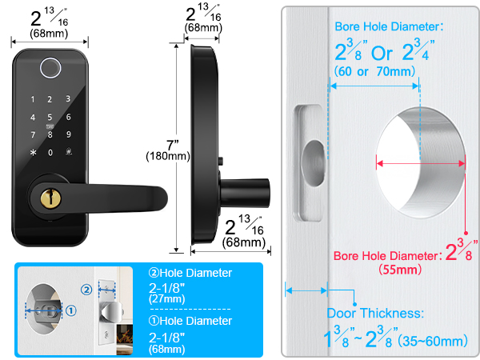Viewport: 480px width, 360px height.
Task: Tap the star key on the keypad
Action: click(x=33, y=152)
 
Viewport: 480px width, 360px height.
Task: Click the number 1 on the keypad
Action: click(x=33, y=100)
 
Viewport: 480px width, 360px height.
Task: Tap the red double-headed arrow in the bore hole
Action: click(x=421, y=162)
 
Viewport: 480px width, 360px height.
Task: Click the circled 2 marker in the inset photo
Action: click(x=86, y=288)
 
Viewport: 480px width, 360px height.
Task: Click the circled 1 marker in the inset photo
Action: click(x=70, y=311)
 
